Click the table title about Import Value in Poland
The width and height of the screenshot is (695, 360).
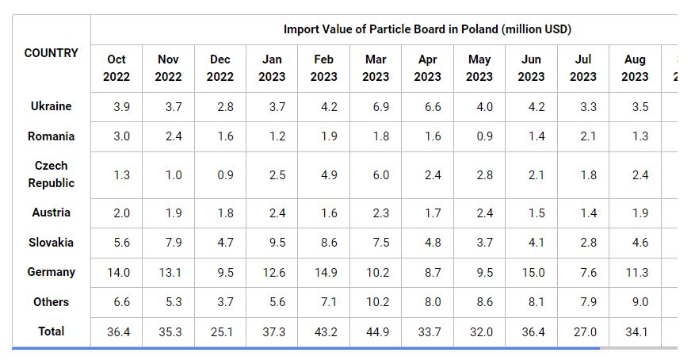point(427,29)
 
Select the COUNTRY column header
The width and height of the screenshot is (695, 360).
point(52,53)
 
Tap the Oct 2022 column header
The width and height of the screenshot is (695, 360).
point(116,68)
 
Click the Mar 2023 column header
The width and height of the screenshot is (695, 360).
point(376,68)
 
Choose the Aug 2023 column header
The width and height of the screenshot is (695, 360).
point(635,68)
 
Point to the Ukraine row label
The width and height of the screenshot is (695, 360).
point(52,106)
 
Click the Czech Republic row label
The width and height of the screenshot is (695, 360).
point(52,174)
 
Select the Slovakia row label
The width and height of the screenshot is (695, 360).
point(52,243)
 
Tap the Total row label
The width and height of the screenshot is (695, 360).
point(52,331)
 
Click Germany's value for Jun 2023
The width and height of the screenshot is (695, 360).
point(531,273)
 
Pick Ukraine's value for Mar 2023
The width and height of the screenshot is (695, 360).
point(376,107)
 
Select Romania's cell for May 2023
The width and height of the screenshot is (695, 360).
point(479,136)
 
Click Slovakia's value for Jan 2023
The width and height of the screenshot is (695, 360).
point(272,243)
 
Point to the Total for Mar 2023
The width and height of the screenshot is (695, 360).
point(376,332)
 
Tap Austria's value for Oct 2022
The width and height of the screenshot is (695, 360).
point(116,213)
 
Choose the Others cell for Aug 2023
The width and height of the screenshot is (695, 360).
point(635,302)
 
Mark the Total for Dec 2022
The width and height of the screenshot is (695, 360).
point(220,332)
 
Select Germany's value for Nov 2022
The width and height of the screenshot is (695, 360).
point(168,273)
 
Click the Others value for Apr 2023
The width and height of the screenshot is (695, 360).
point(427,302)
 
